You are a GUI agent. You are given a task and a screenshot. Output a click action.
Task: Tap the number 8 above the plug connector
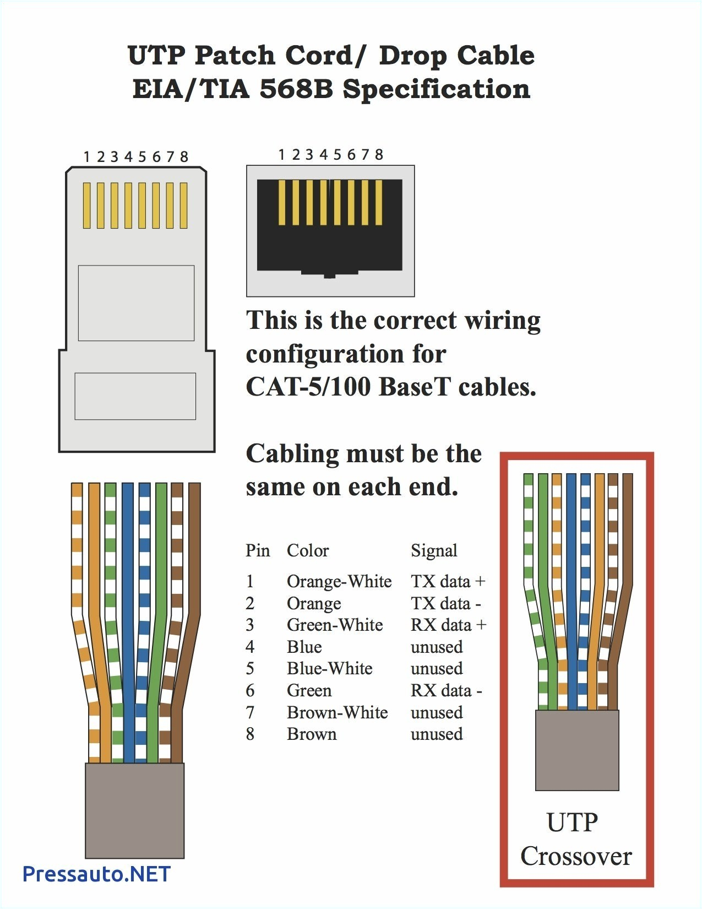(x=184, y=157)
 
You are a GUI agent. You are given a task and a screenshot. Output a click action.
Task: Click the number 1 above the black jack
(x=281, y=155)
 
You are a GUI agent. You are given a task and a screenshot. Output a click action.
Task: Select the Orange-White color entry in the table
(x=339, y=581)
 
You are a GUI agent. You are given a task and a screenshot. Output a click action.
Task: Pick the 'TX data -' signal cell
(x=445, y=603)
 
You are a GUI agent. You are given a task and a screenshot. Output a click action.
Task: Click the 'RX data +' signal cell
(x=448, y=625)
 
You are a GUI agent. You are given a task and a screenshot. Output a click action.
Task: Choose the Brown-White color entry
(x=337, y=712)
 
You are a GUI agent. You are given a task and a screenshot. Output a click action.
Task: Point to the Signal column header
(x=434, y=550)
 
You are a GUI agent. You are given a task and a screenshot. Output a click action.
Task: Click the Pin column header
(x=258, y=550)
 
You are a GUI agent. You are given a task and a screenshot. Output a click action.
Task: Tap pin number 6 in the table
(x=250, y=690)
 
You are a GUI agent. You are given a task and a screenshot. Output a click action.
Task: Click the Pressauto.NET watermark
(x=96, y=874)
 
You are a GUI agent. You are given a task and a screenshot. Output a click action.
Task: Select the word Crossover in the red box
(x=576, y=856)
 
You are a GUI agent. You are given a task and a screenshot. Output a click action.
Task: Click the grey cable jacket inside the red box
(x=577, y=749)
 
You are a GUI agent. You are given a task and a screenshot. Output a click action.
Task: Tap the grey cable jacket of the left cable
(x=134, y=810)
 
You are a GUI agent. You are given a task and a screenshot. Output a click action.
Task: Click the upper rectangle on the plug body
(x=136, y=303)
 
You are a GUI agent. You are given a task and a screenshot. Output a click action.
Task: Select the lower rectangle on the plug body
(x=135, y=396)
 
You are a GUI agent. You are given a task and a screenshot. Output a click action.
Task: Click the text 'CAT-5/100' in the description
(x=308, y=387)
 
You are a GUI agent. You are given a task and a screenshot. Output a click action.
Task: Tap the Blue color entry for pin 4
(x=304, y=647)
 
